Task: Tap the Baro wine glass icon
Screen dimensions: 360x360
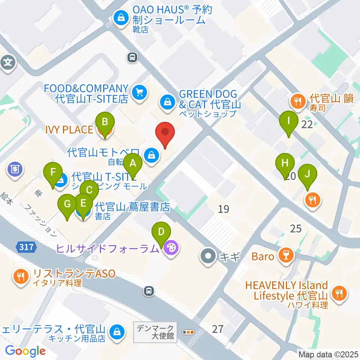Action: point(285,256)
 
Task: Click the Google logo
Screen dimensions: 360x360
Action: point(25,351)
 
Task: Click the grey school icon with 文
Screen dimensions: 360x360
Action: point(8,62)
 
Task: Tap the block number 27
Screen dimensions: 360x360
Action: point(217,329)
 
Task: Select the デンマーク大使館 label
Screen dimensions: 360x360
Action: point(155,331)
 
